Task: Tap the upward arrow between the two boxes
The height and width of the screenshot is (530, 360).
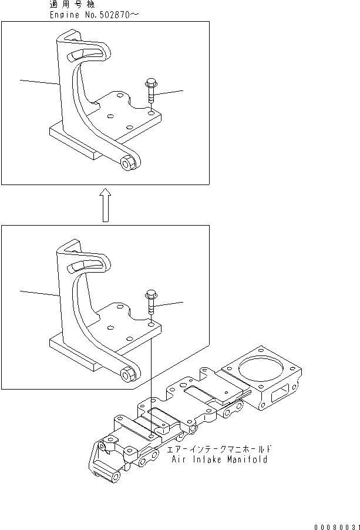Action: [105, 205]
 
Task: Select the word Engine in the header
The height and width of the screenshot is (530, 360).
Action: [64, 15]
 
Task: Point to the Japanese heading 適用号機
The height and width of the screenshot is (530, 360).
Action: [70, 5]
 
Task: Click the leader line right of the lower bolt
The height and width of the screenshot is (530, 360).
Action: [170, 303]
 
